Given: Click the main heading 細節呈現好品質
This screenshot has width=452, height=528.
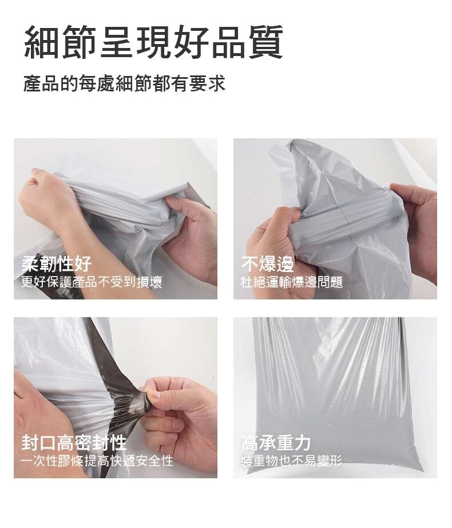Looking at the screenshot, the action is tap(153, 42).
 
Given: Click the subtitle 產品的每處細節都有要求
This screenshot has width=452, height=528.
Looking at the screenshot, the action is tap(124, 83).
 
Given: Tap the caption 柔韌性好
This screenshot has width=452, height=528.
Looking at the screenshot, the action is tap(56, 263).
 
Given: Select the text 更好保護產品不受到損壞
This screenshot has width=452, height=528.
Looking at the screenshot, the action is tap(92, 282).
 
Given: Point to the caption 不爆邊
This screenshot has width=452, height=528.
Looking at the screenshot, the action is tap(268, 263).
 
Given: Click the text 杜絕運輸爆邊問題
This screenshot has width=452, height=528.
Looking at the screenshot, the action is tap(292, 282).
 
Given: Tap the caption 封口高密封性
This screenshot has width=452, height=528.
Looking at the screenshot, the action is tap(74, 442).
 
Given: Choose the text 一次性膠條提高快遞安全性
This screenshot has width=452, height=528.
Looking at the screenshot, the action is tap(97, 461).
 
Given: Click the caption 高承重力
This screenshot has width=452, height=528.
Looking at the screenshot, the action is tap(276, 442).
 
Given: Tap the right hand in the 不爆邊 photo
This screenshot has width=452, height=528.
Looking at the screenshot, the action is tap(418, 229).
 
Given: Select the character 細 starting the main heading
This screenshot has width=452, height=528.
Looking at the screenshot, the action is tap(42, 42).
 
